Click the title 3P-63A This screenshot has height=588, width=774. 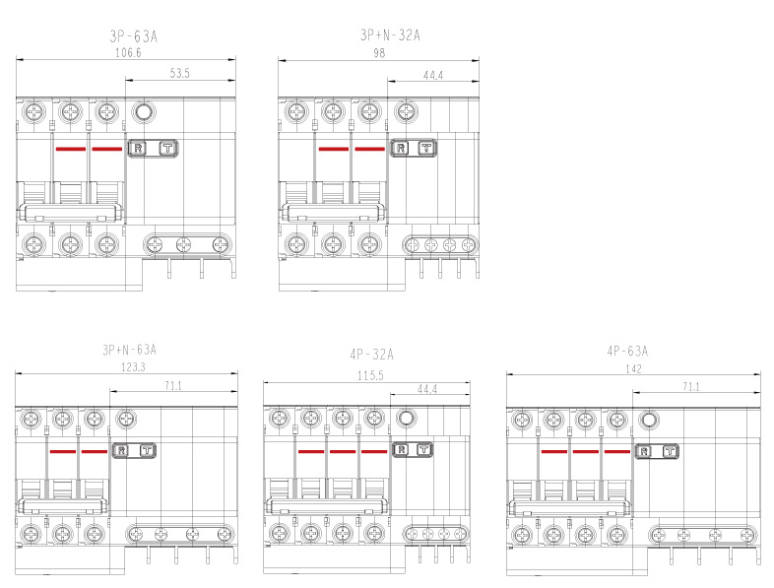coord(133,36)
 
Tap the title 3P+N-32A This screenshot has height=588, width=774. coord(390,35)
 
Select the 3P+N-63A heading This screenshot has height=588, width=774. coord(129,350)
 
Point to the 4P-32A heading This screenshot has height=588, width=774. coord(371,354)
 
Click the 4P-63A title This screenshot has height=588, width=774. coord(627,351)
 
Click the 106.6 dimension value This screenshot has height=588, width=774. coord(128,52)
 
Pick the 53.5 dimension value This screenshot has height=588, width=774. coord(179,73)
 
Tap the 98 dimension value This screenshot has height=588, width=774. coord(379,53)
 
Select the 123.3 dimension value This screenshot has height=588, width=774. coord(133,367)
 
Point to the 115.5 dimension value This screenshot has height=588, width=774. coord(370,375)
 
